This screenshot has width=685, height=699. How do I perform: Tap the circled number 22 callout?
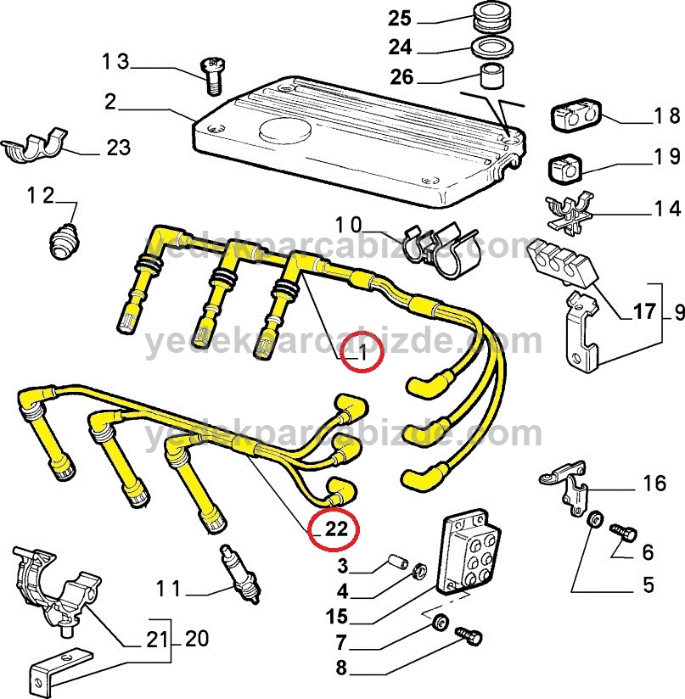334,529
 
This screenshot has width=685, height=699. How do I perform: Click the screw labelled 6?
622,532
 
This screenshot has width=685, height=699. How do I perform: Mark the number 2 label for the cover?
109,102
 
